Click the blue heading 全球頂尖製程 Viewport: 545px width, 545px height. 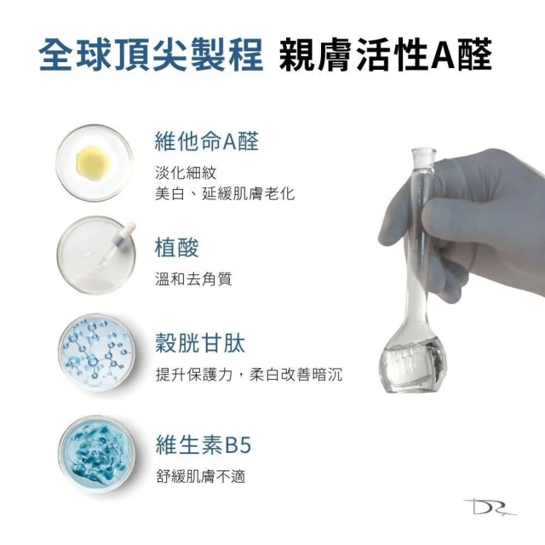point(151,55)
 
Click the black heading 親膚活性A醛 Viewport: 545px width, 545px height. point(385,55)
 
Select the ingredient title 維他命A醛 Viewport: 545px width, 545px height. point(206,141)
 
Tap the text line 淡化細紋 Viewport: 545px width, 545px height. point(186,172)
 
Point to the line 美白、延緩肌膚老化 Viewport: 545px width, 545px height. point(225,193)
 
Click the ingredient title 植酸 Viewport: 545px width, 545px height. point(176,248)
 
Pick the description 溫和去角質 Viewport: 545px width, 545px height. point(193,278)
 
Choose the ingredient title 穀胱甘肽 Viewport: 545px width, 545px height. point(200,343)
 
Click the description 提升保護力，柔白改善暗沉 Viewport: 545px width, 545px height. point(249,374)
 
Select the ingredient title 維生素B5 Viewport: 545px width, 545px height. point(204,445)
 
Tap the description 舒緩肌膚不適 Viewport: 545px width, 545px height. point(201,476)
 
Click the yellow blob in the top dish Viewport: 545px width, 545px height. point(93,163)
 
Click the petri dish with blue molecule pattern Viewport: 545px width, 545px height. point(96,352)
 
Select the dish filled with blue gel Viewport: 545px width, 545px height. point(96,453)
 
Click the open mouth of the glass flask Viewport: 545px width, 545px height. point(423,152)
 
